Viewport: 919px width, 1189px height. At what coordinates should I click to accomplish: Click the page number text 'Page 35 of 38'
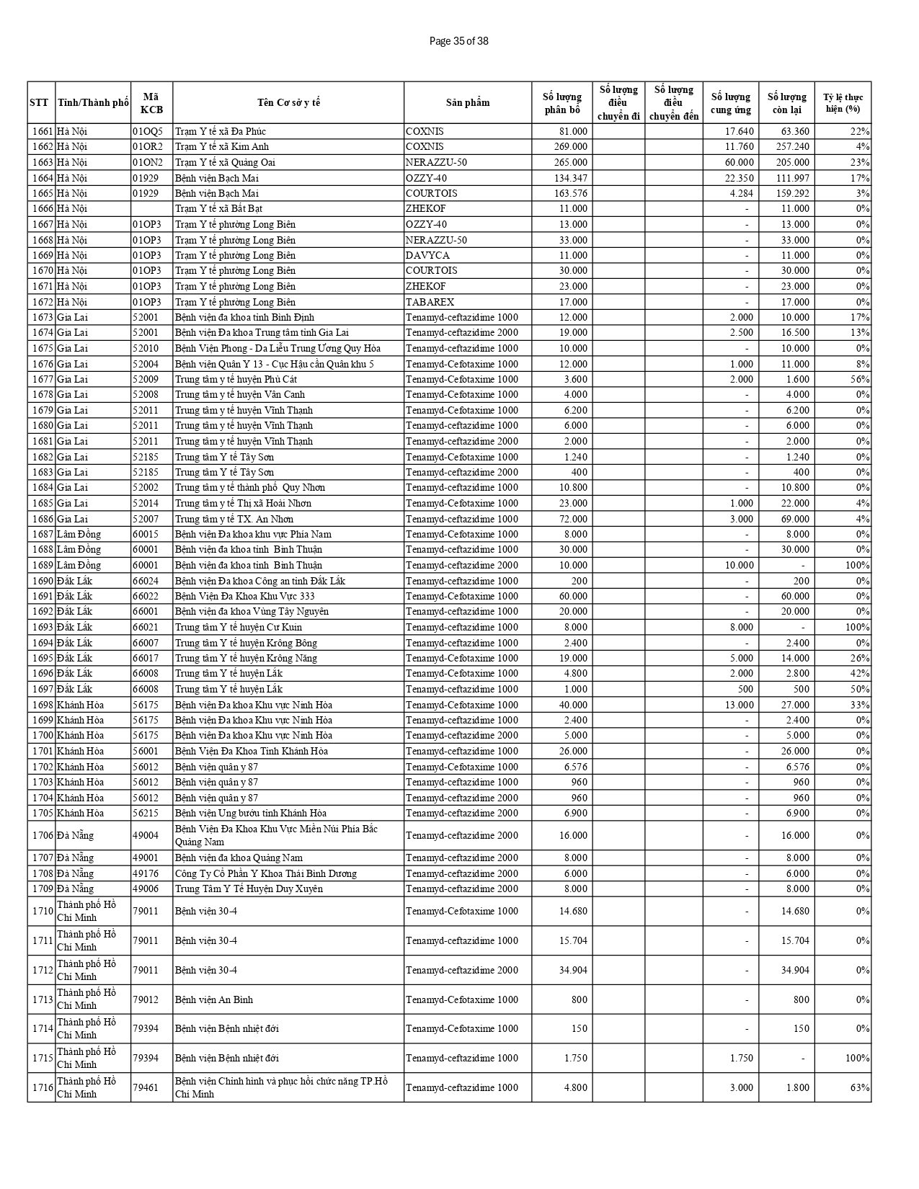click(x=458, y=41)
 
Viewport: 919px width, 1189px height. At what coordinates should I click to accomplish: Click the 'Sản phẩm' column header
click(x=467, y=102)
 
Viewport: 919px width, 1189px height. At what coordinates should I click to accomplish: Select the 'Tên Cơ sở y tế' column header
click(x=288, y=102)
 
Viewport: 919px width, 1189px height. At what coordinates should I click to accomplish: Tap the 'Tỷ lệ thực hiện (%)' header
click(x=843, y=102)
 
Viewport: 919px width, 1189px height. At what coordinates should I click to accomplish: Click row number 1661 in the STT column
click(x=43, y=131)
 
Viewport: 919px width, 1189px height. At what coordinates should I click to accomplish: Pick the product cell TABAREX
click(x=430, y=302)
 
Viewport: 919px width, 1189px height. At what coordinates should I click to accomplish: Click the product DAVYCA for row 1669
click(x=427, y=255)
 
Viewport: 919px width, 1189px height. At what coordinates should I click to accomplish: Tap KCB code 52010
click(x=145, y=348)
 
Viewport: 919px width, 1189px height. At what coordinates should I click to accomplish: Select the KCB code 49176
click(x=145, y=873)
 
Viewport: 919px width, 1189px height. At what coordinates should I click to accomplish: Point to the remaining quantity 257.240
click(x=791, y=146)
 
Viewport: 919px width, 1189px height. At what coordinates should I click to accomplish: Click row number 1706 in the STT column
click(x=43, y=835)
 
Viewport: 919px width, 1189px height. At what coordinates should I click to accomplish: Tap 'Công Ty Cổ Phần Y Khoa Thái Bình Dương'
click(x=266, y=873)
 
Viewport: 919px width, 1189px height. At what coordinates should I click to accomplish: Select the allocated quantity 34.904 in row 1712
click(x=573, y=970)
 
